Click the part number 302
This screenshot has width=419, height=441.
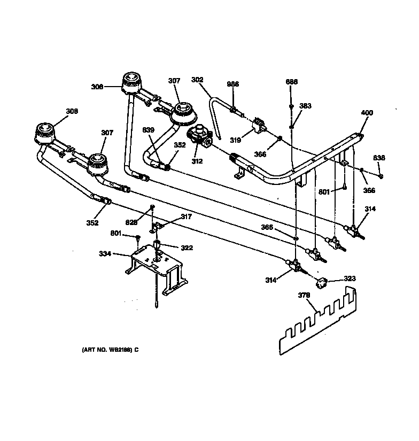point(197,80)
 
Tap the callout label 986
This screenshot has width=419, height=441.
point(233,84)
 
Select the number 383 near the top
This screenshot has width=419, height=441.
point(305,106)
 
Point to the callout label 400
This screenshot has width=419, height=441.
point(367,113)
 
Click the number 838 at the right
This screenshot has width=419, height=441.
point(379,158)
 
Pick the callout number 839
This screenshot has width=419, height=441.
point(148,129)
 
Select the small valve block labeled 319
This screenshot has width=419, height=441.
point(260,125)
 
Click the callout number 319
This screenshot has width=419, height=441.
point(235,140)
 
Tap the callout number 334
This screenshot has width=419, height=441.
point(105,254)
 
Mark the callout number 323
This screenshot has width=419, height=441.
point(349,278)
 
